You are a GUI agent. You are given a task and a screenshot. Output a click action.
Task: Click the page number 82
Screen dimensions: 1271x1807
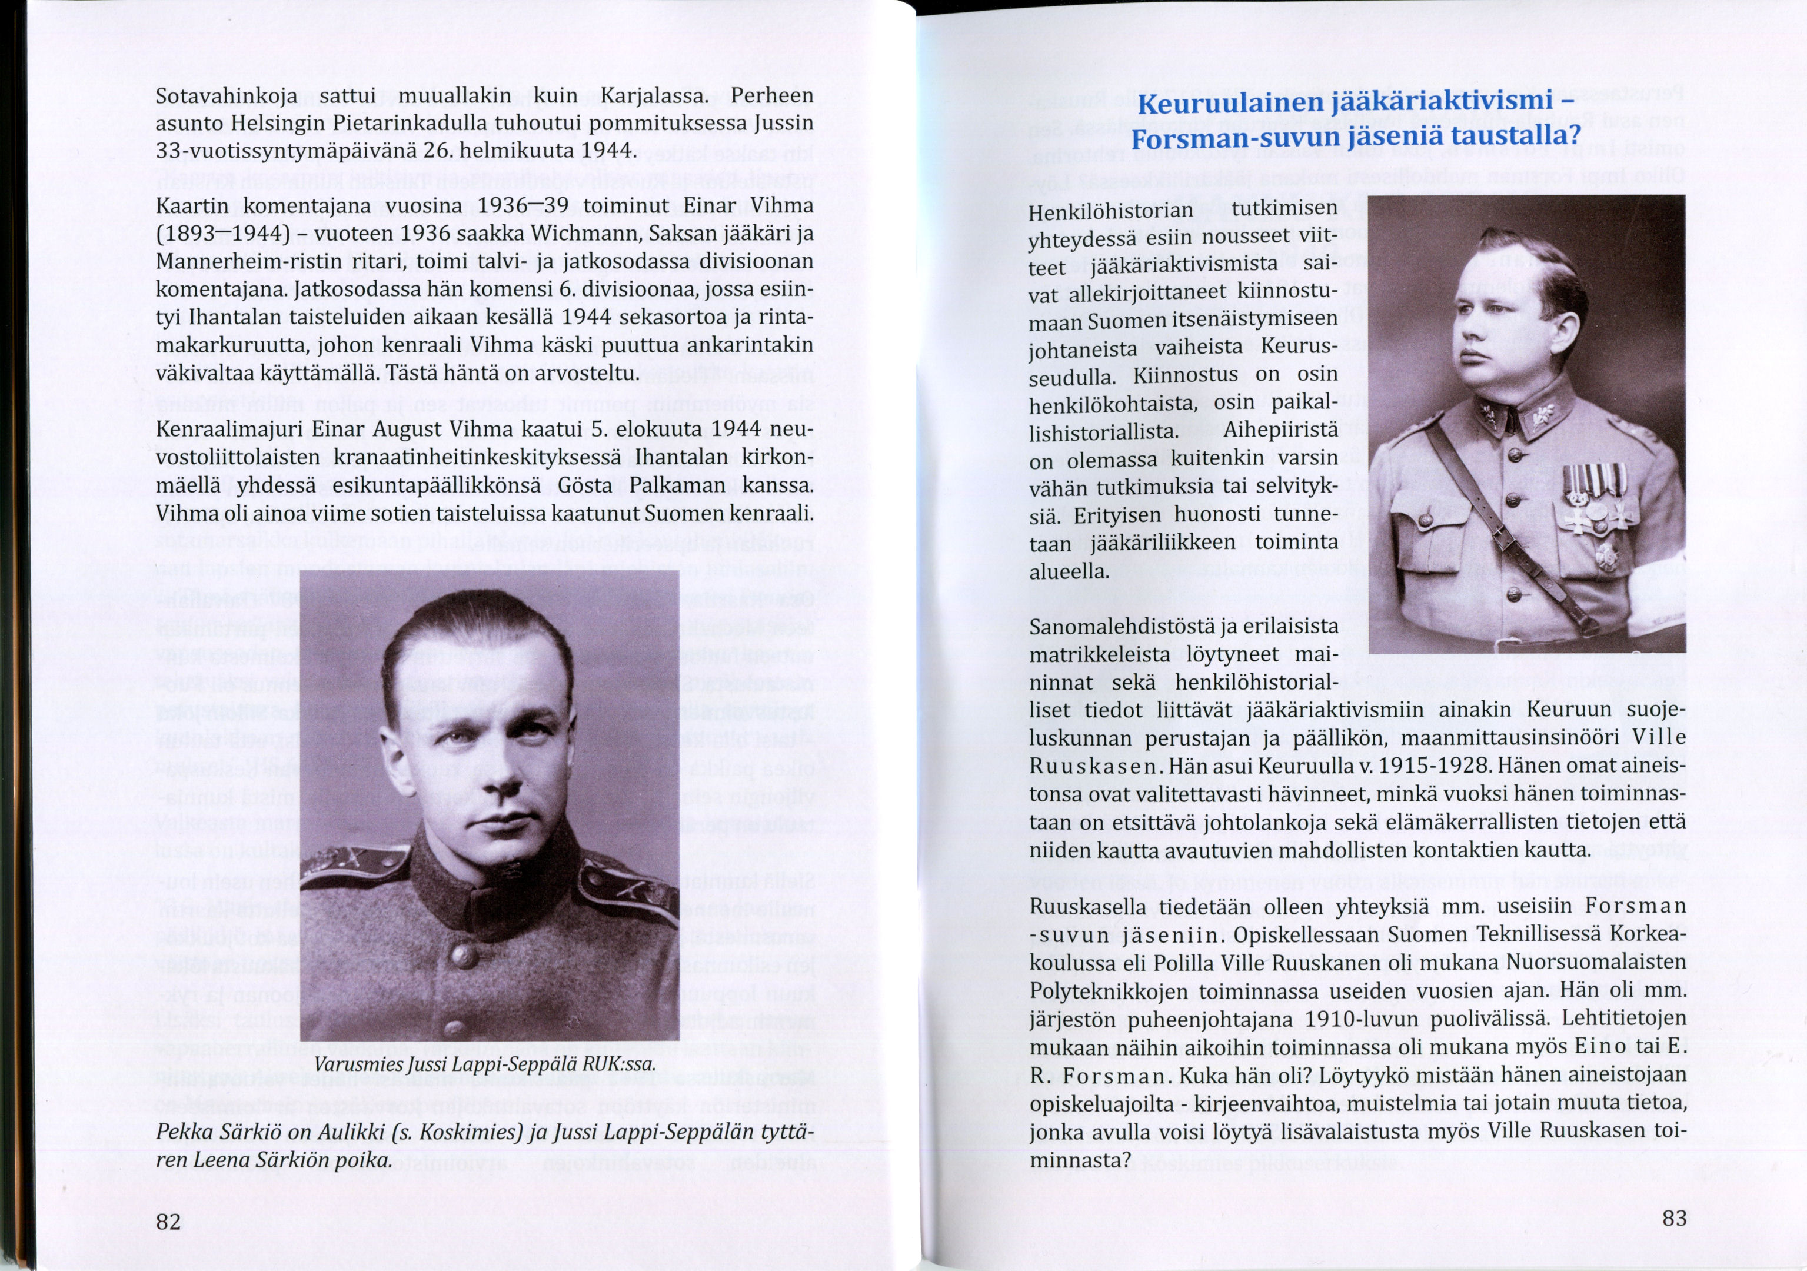click(x=168, y=1222)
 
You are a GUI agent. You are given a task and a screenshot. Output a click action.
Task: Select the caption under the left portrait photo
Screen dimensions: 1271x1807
click(x=484, y=1064)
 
